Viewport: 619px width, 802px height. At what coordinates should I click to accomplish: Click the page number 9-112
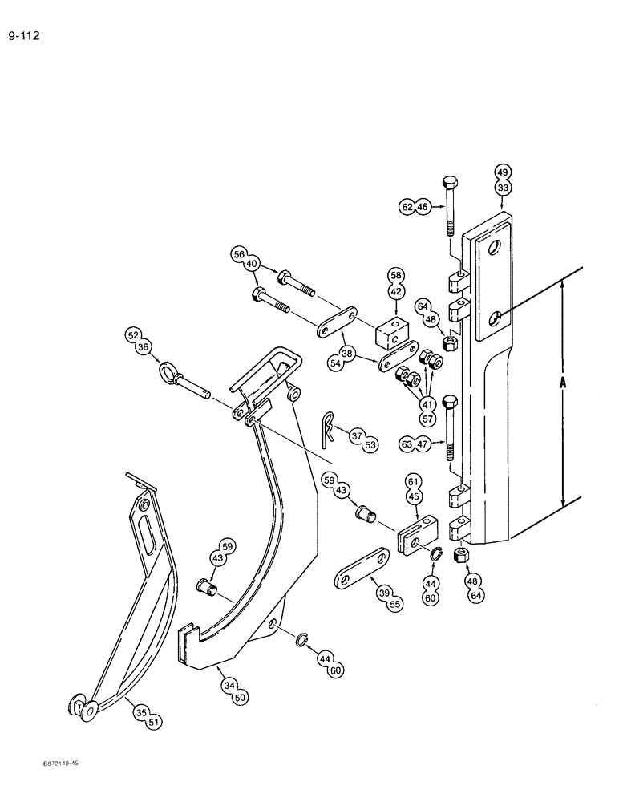click(24, 36)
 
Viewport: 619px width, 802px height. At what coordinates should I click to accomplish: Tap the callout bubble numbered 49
click(504, 172)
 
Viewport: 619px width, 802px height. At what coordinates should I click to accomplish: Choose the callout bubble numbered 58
click(397, 275)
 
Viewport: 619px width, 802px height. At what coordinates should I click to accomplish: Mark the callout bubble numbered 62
click(408, 207)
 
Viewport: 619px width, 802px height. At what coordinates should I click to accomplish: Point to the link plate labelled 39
click(359, 565)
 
